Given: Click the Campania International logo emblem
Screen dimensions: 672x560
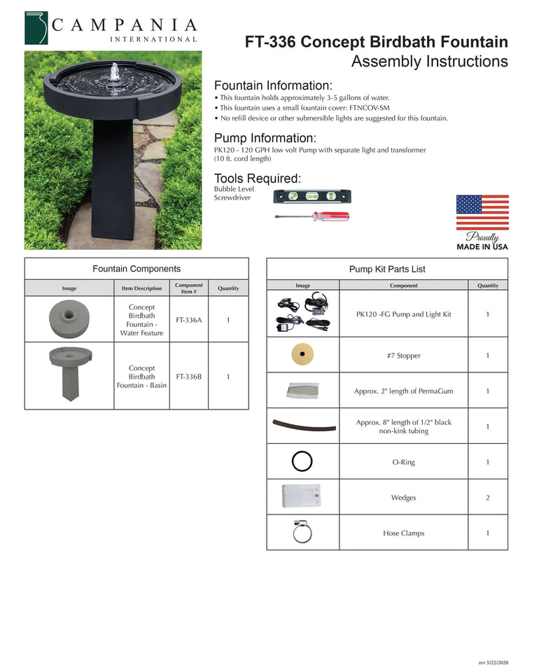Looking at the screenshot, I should point(36,28).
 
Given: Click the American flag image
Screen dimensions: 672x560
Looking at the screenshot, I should point(482,213).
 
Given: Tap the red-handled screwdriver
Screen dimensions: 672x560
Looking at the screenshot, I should point(311,216).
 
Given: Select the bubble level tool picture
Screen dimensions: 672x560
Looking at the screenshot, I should point(312,197).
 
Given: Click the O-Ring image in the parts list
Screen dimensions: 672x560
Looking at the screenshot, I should point(302,461).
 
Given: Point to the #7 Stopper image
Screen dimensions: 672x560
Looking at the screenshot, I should point(302,355).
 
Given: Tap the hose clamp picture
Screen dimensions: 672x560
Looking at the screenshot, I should point(302,533).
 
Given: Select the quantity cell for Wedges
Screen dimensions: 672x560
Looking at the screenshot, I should point(487,498).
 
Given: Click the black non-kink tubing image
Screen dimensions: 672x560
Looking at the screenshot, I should point(302,426).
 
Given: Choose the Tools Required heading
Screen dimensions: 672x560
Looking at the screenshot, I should point(257,178).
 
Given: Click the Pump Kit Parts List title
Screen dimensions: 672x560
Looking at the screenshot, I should point(387,269).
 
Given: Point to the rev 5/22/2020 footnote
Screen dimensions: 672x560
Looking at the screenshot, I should point(493,661).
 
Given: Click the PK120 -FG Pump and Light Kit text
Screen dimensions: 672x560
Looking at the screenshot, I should point(403,314).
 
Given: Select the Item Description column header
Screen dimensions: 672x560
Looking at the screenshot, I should point(141,288).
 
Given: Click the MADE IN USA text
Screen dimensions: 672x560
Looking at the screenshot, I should point(482,246).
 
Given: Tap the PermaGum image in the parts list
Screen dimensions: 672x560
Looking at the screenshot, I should point(302,391).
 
